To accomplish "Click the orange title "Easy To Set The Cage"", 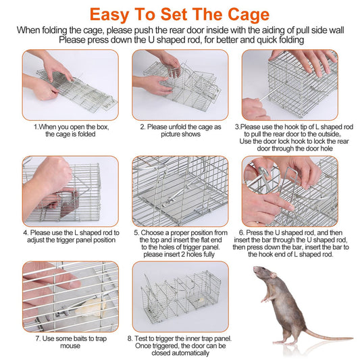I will tap(180, 14).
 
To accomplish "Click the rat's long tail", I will tap(317, 336).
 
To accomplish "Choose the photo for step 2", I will tap(179, 83).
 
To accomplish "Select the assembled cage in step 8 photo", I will tap(179, 297).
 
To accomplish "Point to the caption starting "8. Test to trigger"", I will tap(179, 345).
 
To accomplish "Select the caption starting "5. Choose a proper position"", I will tap(179, 243).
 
